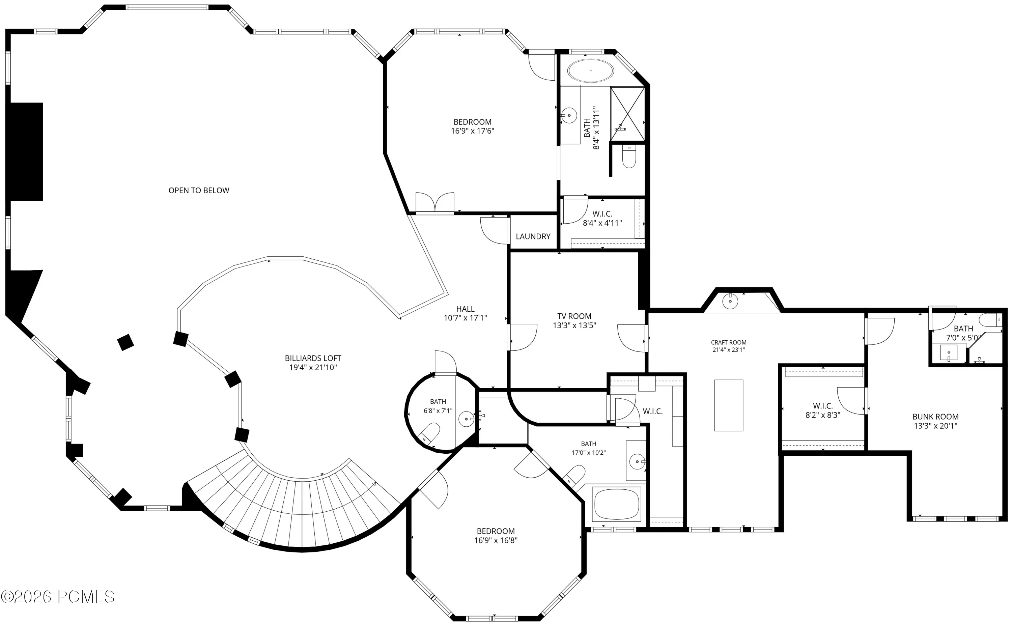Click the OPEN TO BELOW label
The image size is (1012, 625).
(199, 191)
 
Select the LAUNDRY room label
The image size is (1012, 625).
(533, 236)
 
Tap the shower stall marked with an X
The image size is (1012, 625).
(627, 114)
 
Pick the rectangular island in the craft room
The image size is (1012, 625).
(728, 405)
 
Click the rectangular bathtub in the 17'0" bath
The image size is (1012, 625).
(616, 504)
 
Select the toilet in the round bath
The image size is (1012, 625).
(429, 433)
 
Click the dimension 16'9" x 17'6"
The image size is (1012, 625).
(473, 131)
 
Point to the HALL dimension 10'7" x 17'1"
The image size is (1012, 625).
(465, 318)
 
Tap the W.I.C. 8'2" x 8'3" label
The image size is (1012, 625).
(823, 410)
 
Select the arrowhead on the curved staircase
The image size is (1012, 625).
(374, 484)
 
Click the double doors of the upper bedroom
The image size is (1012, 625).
(434, 203)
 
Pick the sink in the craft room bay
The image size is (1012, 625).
(730, 301)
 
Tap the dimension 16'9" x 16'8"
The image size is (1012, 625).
(496, 540)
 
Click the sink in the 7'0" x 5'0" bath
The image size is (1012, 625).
(948, 352)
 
